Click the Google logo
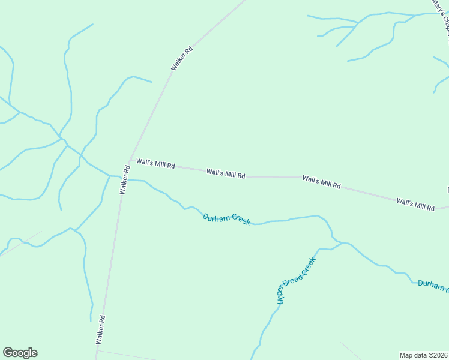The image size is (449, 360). tap(20, 353)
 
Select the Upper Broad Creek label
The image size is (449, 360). tap(295, 281)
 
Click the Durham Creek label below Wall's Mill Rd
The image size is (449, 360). tap(226, 219)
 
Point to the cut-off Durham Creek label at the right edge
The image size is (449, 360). tap(433, 286)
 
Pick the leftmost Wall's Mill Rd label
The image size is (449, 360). tap(155, 163)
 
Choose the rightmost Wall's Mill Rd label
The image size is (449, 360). tap(415, 203)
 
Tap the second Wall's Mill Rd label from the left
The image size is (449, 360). tap(226, 174)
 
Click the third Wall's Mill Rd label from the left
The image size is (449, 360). tap(321, 182)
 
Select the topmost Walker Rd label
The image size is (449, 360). tap(182, 59)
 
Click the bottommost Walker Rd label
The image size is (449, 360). tap(100, 329)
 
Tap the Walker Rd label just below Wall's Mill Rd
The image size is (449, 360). tap(124, 180)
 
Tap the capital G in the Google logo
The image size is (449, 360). tap(8, 353)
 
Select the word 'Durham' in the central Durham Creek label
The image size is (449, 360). tap(216, 217)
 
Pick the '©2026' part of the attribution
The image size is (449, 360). tap(436, 355)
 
